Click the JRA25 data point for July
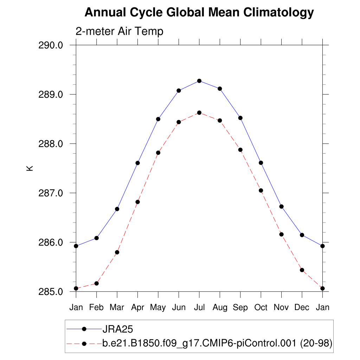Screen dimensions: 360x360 pos(199,81)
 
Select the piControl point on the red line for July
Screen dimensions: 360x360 pos(199,112)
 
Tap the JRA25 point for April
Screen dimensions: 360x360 pos(137,163)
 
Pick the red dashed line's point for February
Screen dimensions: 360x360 pos(96,283)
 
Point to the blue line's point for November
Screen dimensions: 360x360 pos(281,206)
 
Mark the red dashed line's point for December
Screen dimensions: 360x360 pos(302,270)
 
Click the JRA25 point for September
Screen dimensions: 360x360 pos(240,118)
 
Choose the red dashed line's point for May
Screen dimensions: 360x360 pos(158,153)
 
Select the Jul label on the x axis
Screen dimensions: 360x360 pos(199,308)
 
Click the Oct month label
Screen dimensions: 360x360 pos(261,308)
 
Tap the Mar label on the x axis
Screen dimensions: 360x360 pos(117,308)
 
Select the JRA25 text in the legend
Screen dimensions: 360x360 pos(117,329)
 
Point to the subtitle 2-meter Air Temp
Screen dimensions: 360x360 pos(120,31)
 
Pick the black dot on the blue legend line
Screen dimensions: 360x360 pos(84,329)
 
